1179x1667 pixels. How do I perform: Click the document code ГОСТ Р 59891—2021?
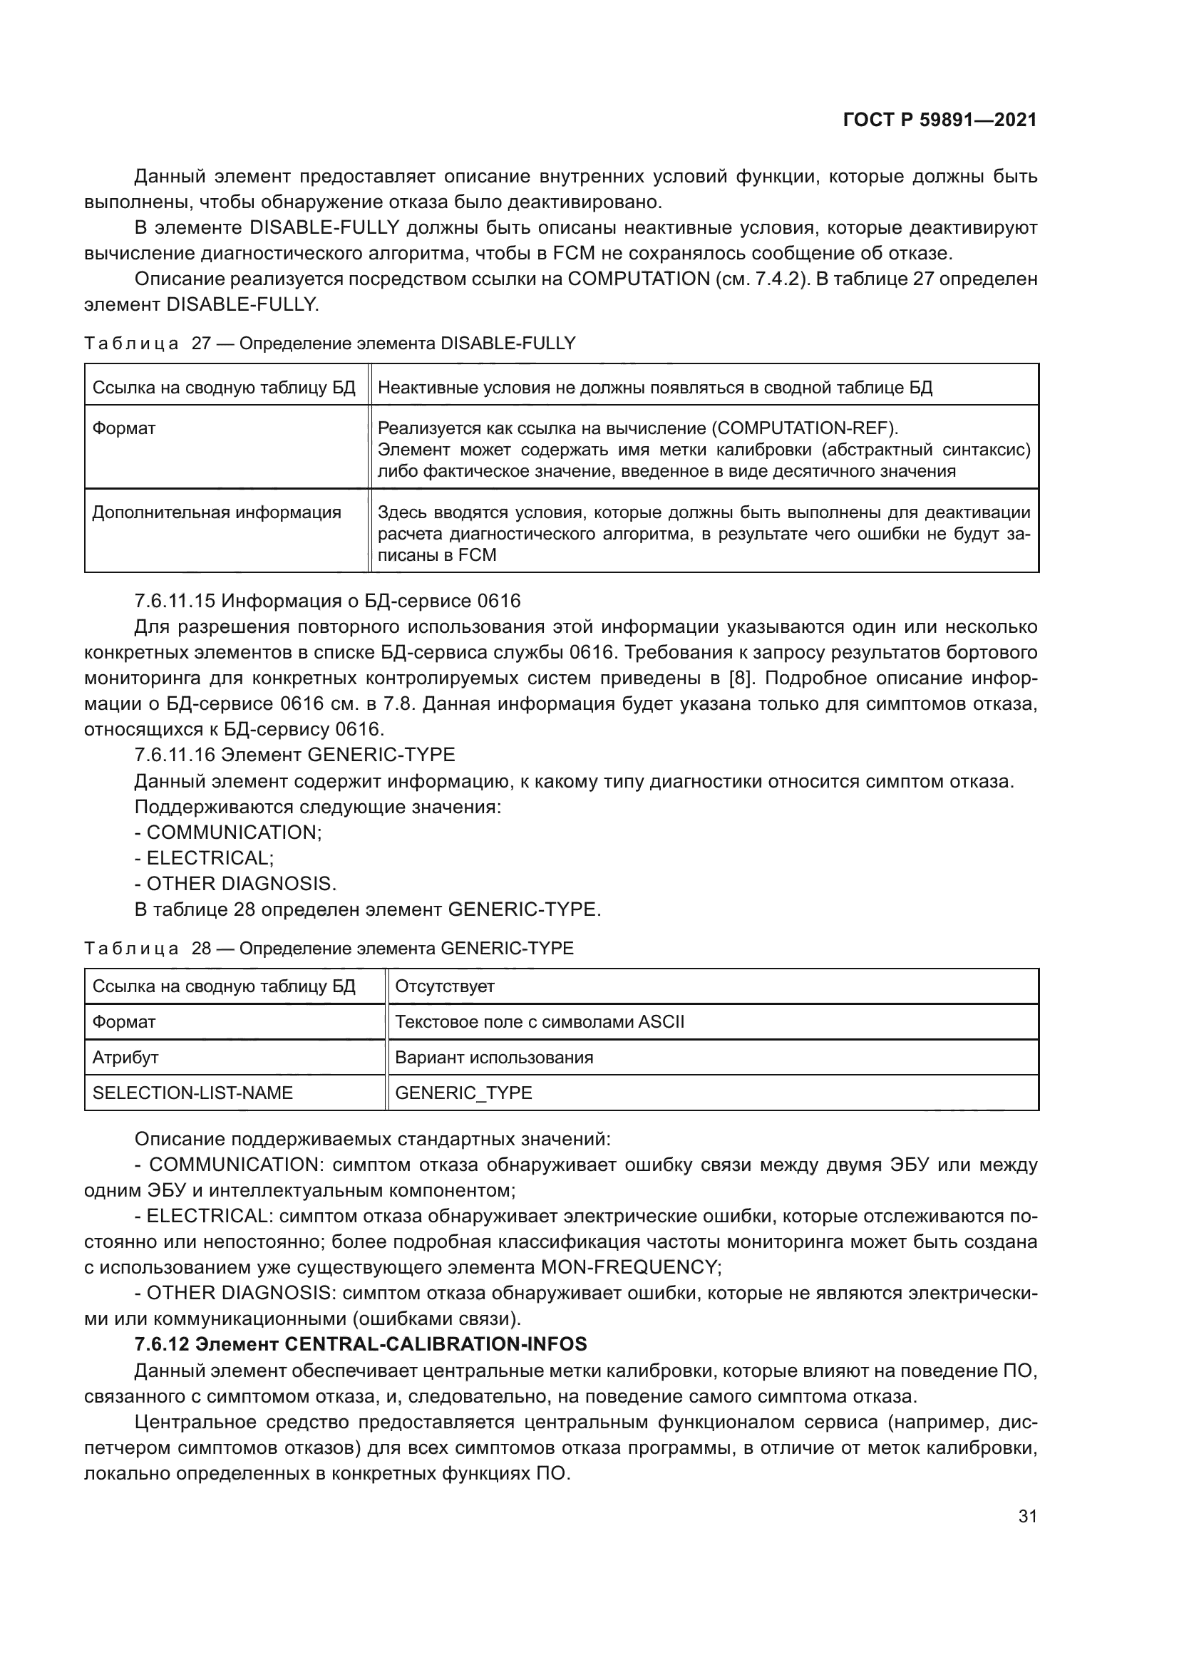[939, 120]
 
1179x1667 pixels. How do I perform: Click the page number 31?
[1026, 1517]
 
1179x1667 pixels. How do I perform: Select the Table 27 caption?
[329, 344]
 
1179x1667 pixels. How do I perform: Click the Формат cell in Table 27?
[124, 428]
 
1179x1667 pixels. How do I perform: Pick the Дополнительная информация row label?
[217, 512]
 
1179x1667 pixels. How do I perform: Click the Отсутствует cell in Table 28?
[444, 986]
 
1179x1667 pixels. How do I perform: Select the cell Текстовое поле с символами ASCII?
[540, 1022]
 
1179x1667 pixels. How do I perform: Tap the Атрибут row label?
[125, 1058]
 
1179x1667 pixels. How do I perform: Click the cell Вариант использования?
[494, 1058]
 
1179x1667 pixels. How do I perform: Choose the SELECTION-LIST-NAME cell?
[192, 1093]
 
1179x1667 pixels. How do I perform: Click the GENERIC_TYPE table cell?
[463, 1093]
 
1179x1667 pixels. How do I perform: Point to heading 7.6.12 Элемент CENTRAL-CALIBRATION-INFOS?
[360, 1345]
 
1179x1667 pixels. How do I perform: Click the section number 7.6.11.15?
[175, 602]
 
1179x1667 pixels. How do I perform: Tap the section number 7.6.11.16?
[175, 755]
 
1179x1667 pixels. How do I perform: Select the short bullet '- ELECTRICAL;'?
[204, 858]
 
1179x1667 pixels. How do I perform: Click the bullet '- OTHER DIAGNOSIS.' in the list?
[235, 884]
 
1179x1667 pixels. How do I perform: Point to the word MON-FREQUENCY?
[629, 1268]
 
